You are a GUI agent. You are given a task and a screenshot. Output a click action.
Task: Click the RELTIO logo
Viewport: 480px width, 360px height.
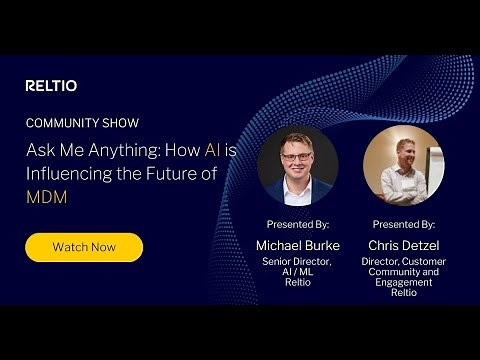51,86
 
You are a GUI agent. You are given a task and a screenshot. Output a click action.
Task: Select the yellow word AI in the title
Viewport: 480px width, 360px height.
213,149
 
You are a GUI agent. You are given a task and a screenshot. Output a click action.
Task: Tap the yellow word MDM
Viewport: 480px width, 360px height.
46,197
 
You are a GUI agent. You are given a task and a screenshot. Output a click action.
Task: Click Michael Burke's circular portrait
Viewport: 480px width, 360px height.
297,165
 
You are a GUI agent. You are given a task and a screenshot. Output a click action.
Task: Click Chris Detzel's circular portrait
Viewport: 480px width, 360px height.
402,165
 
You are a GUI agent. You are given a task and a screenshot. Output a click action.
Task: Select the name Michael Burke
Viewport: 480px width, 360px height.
297,246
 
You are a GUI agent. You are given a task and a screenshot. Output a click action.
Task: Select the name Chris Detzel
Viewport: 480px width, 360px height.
403,246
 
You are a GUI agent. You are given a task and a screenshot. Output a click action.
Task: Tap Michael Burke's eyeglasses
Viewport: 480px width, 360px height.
297,156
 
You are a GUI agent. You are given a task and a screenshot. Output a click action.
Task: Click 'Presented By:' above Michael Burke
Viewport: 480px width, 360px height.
297,225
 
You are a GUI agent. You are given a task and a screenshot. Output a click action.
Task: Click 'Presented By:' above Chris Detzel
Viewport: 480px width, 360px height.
403,225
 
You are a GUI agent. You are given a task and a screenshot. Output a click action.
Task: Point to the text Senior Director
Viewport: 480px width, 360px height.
297,262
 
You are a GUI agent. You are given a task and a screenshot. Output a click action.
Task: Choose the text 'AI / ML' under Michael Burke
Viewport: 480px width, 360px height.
297,273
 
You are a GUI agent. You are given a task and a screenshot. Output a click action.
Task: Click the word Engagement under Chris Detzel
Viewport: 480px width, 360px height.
403,283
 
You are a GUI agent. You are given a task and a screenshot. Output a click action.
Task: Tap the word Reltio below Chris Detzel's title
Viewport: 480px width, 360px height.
403,294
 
